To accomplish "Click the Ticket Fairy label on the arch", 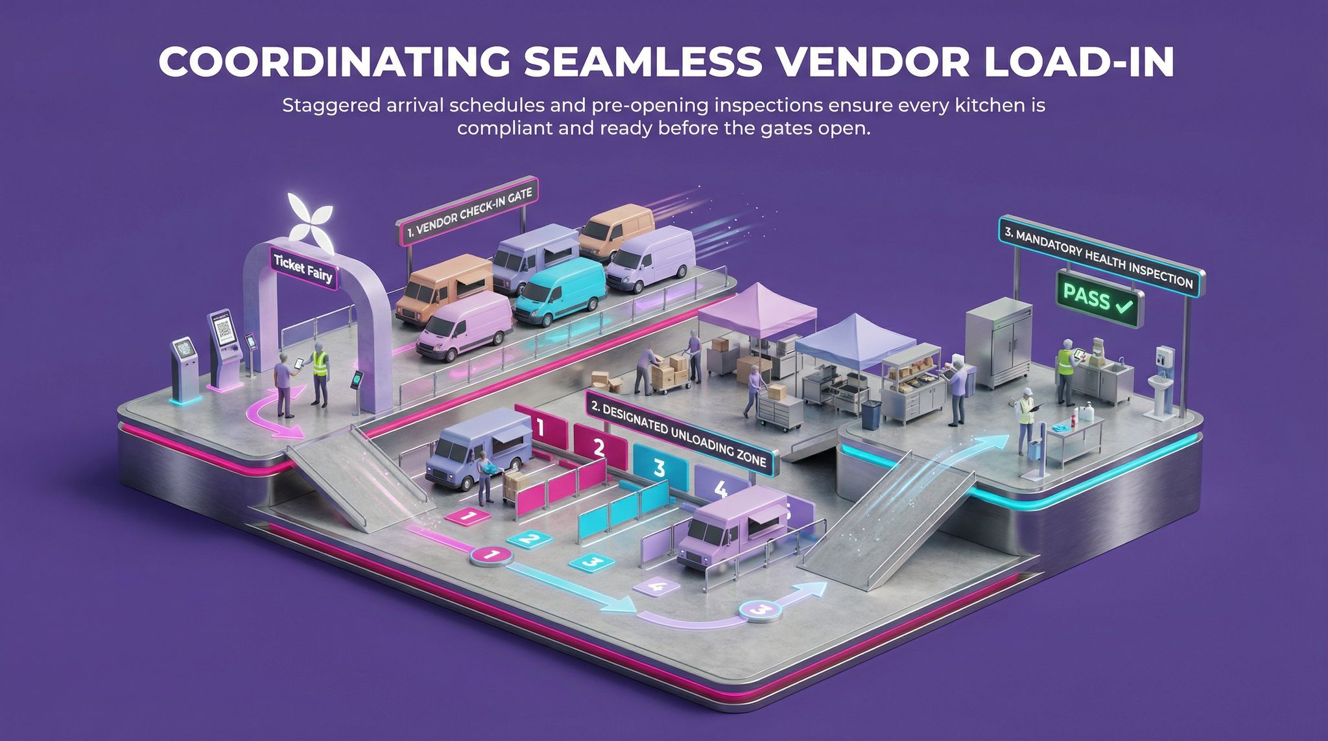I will (x=303, y=269).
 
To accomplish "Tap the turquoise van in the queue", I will (x=559, y=291).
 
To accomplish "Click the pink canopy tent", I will (x=757, y=311).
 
